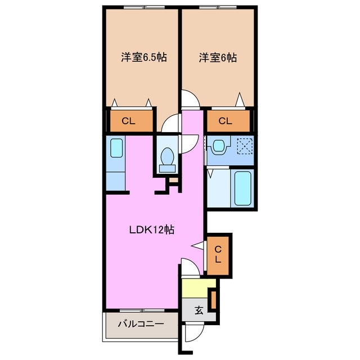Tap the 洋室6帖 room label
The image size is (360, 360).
[217, 57]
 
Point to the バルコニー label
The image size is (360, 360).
[140, 325]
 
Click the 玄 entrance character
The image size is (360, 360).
[199, 310]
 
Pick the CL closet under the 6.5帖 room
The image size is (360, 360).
[129, 120]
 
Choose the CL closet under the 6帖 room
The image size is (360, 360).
[225, 120]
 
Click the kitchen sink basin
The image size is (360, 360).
[115, 148]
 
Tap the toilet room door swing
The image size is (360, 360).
[190, 143]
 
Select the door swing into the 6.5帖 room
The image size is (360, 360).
[169, 124]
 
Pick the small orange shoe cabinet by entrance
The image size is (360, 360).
[213, 299]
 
